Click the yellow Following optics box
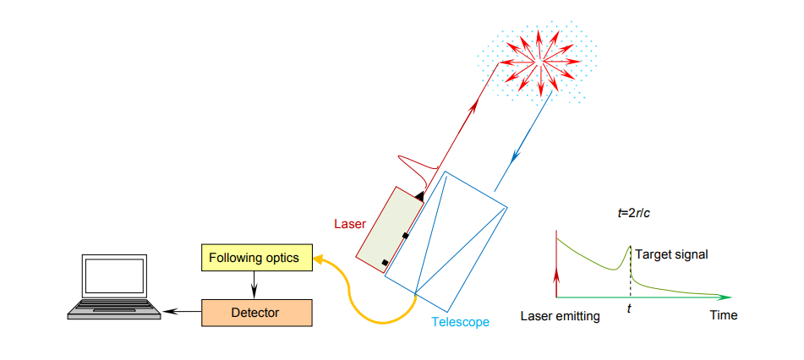click(x=255, y=258)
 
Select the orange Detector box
click(x=256, y=313)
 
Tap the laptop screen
click(x=114, y=275)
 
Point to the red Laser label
click(x=350, y=224)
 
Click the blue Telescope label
click(x=460, y=322)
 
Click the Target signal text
click(x=671, y=254)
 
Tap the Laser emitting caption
click(x=560, y=316)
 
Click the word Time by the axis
click(x=724, y=315)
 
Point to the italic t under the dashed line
click(x=629, y=309)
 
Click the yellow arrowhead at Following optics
click(x=317, y=259)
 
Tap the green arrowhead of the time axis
click(x=725, y=297)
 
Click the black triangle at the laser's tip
click(x=420, y=195)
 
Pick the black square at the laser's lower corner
click(x=385, y=263)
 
